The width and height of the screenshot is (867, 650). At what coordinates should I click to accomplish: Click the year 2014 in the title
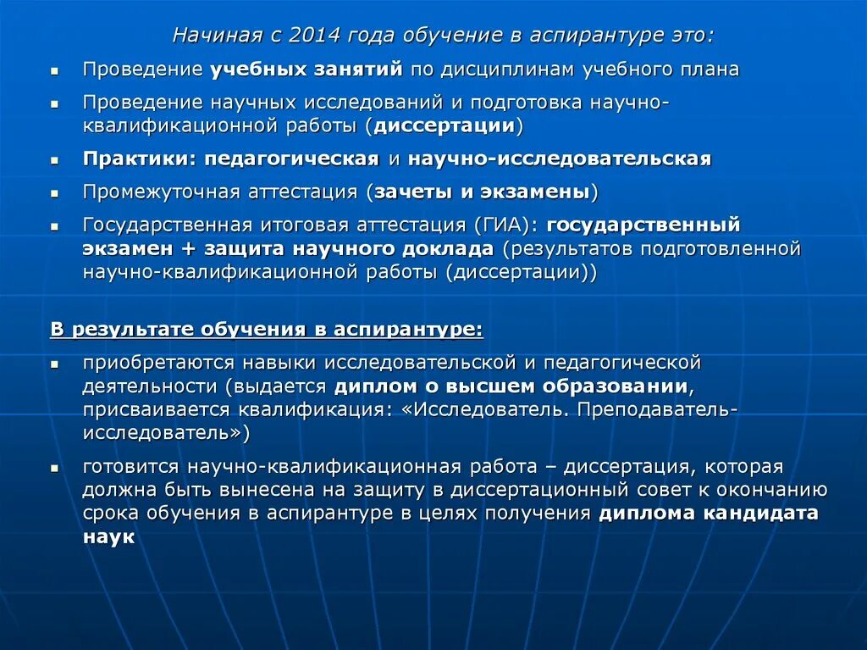[314, 36]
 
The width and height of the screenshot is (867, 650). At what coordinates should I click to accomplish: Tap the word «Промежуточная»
[161, 192]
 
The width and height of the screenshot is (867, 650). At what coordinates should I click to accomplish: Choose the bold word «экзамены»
[535, 192]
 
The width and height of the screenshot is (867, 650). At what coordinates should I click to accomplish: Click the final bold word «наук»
[109, 537]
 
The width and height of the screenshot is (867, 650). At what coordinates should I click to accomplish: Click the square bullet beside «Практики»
[54, 160]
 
